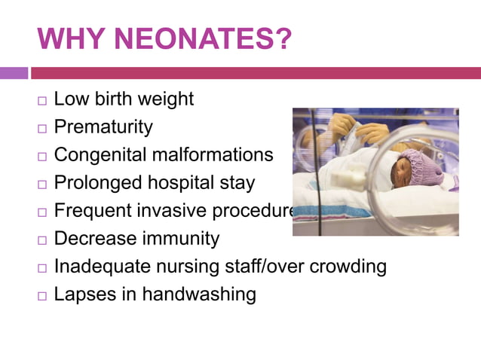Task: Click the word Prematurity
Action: (x=103, y=127)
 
